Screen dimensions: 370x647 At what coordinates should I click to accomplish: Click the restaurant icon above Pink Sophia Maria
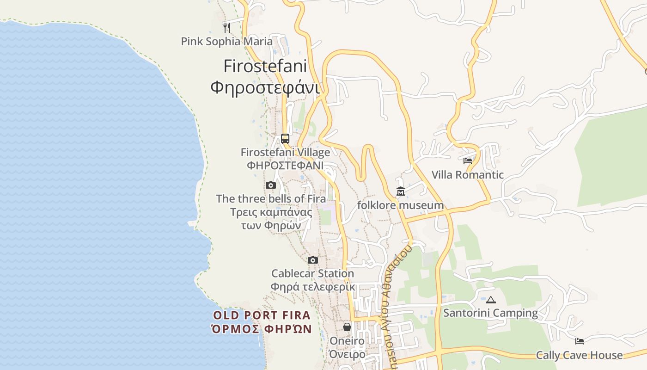pos(226,28)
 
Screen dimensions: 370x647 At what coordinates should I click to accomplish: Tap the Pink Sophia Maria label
pos(226,42)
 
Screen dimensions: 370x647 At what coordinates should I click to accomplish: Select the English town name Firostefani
pos(265,66)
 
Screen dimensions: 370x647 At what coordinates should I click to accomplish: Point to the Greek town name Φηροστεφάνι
pos(265,86)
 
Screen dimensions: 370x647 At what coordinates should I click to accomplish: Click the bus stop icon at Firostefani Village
pos(285,138)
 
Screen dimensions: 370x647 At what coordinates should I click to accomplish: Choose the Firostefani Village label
pos(285,152)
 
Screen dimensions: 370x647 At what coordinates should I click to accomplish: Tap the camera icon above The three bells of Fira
pos(271,185)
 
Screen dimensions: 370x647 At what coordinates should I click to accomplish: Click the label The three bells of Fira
pos(271,199)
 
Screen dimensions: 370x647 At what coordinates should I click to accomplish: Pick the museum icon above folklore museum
pos(401,191)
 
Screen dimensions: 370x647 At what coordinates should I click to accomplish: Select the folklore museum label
pos(401,205)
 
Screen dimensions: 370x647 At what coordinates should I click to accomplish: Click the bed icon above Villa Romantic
pos(468,161)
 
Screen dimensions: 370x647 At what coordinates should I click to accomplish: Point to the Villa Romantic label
pos(468,175)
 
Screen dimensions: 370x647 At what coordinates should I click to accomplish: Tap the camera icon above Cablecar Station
pos(313,260)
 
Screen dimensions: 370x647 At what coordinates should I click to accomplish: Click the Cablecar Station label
pos(313,273)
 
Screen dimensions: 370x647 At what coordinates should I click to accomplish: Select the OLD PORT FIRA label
pos(262,315)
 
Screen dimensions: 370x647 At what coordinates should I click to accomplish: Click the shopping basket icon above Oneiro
pos(347,327)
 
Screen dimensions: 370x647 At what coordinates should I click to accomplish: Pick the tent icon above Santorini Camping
pos(490,300)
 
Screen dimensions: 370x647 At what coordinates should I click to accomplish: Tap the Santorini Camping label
pos(490,313)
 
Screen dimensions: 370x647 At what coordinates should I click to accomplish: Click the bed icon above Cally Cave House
pos(580,341)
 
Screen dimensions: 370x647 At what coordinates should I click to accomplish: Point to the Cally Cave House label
pos(580,355)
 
